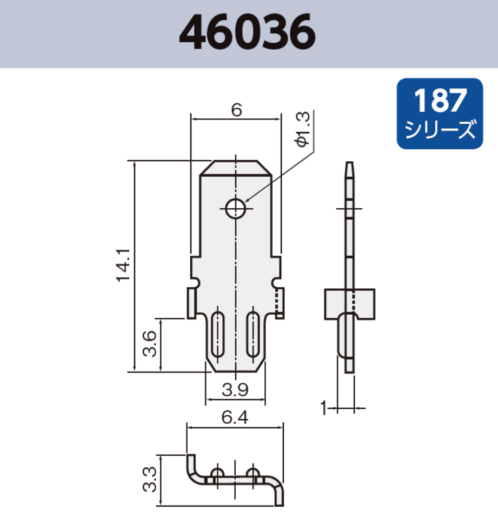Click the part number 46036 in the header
[247, 34]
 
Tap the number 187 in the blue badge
[440, 101]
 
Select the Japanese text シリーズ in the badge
[440, 130]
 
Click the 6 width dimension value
[236, 110]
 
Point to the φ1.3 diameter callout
[303, 129]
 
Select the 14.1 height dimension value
[123, 264]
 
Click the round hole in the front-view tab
[236, 208]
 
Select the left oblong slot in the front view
[218, 334]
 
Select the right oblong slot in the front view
[253, 334]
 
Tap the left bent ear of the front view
[192, 303]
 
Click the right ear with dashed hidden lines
[279, 303]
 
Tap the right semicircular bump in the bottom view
[253, 474]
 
